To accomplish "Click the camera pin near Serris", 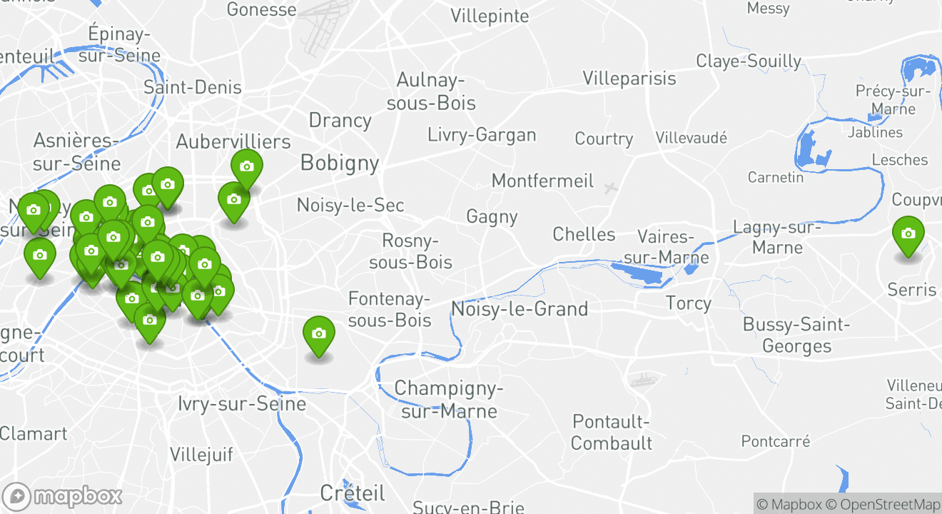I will click(x=908, y=235).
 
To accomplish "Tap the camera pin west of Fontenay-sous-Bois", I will click(x=318, y=335).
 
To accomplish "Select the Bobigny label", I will click(x=339, y=163).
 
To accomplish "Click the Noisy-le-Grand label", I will click(x=520, y=309).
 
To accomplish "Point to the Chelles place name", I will click(x=584, y=234).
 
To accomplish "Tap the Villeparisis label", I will click(x=629, y=78).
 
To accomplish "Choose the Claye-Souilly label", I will click(x=749, y=61).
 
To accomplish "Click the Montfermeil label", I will click(x=542, y=181).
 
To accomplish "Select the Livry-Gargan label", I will click(x=482, y=134).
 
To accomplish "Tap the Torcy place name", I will click(x=688, y=303).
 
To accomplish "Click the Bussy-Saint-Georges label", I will click(x=796, y=336).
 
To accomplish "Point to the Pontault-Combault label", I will click(x=612, y=432).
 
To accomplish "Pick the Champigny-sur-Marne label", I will click(x=449, y=400).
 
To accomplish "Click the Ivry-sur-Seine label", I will click(x=242, y=404).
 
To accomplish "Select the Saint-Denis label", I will click(x=193, y=88).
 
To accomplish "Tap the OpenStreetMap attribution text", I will click(x=883, y=504).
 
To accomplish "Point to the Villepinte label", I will click(x=490, y=16).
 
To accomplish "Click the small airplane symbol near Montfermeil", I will click(x=609, y=188).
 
